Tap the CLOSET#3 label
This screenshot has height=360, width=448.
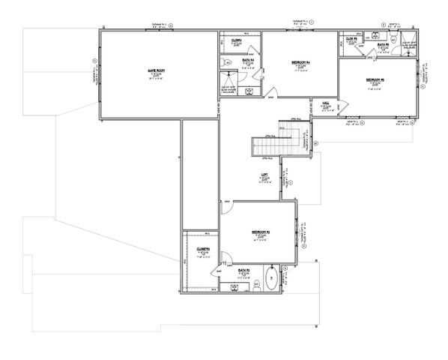(x=202, y=248)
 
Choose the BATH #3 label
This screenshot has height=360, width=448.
(x=243, y=268)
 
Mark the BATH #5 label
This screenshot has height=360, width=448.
(x=382, y=45)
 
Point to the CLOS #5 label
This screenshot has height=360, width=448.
(x=350, y=37)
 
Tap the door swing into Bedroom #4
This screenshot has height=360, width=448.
(x=267, y=94)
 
